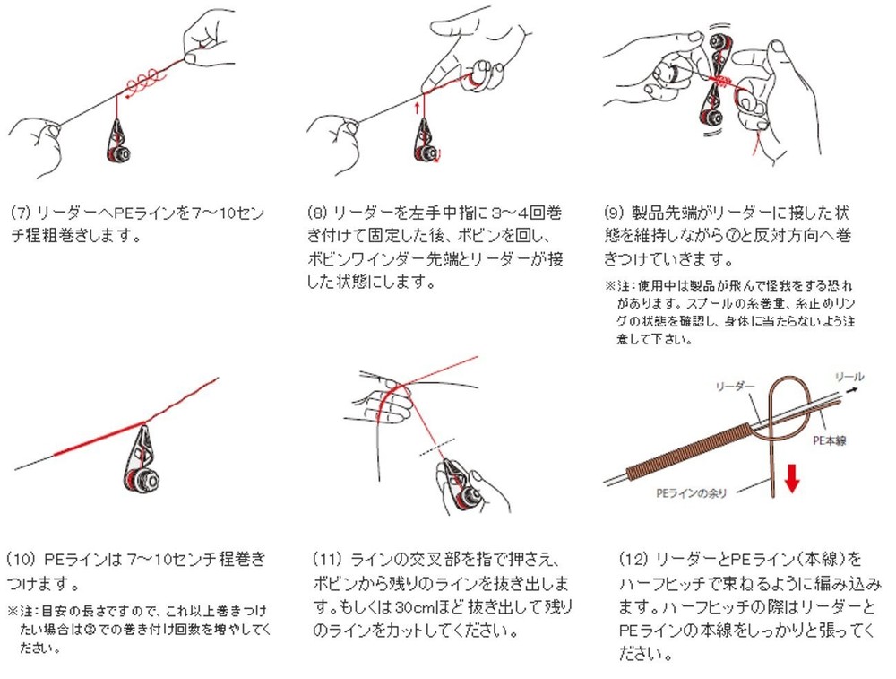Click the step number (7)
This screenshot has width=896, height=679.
click(20, 213)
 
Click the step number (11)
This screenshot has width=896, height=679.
click(327, 559)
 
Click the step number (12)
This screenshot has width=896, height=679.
click(633, 559)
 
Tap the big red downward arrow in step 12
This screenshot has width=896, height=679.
click(791, 478)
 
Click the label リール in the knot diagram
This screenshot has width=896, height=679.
click(849, 377)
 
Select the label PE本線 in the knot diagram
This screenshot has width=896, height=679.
click(829, 440)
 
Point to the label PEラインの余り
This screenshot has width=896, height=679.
click(691, 492)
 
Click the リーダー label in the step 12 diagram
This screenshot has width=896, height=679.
click(735, 387)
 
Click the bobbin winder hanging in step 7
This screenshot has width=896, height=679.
click(119, 141)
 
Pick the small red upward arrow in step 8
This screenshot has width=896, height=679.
click(418, 108)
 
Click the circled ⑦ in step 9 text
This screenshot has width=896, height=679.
click(731, 236)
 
